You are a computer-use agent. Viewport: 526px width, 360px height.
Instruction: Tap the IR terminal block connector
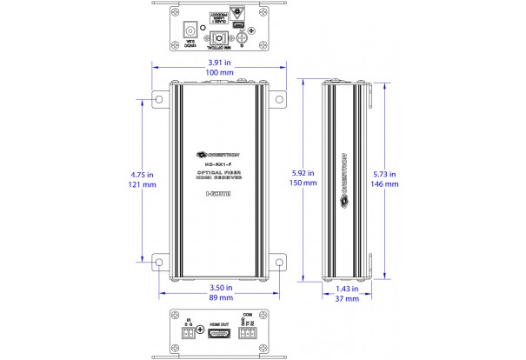[x=190, y=331]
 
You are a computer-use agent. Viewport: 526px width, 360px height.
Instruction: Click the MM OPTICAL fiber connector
[x=218, y=39]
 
